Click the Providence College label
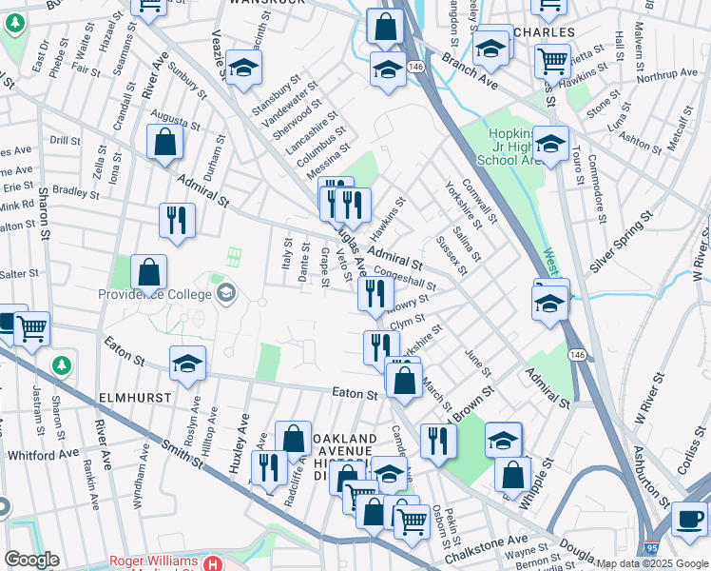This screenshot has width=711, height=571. (157, 293)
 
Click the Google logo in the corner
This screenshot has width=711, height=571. (31, 560)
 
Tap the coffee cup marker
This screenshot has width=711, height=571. (689, 519)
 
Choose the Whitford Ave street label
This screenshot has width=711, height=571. (43, 455)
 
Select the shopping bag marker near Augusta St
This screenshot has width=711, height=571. (165, 143)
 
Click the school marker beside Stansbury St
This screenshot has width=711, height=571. (244, 69)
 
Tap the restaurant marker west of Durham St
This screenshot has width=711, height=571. (176, 221)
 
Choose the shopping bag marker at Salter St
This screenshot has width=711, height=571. (149, 273)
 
